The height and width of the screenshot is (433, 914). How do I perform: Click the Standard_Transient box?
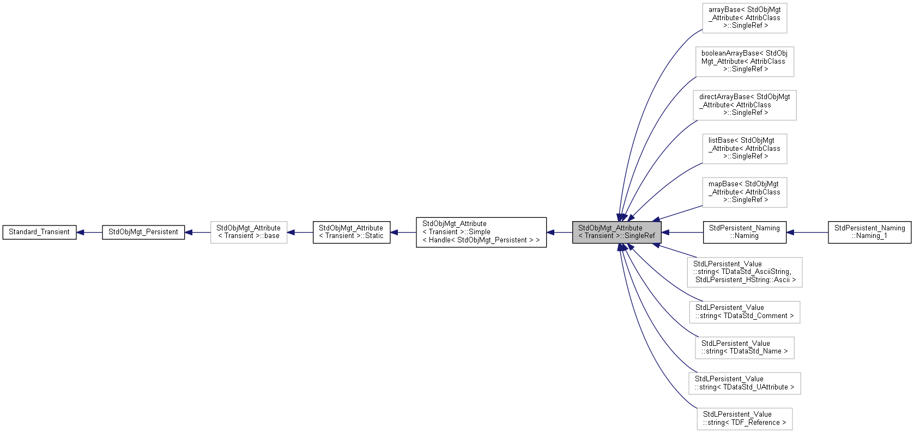(x=39, y=232)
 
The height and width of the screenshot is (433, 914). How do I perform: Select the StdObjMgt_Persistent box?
(x=143, y=232)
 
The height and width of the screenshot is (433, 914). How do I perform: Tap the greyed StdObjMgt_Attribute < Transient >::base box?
(x=249, y=232)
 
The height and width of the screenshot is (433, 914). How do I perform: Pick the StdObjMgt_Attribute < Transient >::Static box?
(x=351, y=232)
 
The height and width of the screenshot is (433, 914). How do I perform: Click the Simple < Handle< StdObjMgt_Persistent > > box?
(x=481, y=232)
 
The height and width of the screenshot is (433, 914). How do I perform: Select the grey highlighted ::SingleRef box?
(x=616, y=232)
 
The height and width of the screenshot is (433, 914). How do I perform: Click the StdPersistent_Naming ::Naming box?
(x=744, y=232)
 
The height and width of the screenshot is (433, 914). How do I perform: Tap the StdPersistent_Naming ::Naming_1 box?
(x=869, y=232)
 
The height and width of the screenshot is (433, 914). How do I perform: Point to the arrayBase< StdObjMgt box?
(x=744, y=18)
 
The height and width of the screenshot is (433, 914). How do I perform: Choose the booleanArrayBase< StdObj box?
(x=744, y=62)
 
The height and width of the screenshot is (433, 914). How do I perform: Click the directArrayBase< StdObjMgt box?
(x=744, y=105)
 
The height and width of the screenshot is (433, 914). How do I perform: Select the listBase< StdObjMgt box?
(x=744, y=149)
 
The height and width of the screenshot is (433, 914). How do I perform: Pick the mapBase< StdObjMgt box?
(x=744, y=192)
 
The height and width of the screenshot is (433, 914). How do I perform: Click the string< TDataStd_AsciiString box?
(x=744, y=272)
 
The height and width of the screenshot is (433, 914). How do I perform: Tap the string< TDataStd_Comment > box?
(x=744, y=312)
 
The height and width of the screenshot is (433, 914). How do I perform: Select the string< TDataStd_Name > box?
(x=744, y=347)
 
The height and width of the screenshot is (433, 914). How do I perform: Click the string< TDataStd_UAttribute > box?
(x=744, y=383)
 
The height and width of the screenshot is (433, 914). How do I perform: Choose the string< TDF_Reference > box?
(x=744, y=419)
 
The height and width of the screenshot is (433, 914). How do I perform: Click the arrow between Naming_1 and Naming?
(x=808, y=233)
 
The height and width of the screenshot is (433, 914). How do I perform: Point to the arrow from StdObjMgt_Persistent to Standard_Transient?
(x=89, y=233)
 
